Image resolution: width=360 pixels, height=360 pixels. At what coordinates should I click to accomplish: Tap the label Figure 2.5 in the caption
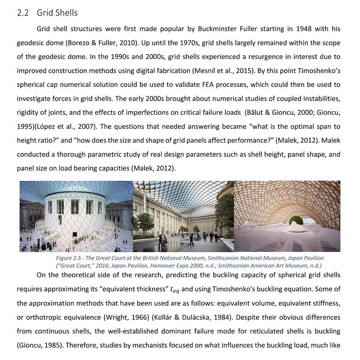(x=68, y=258)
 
